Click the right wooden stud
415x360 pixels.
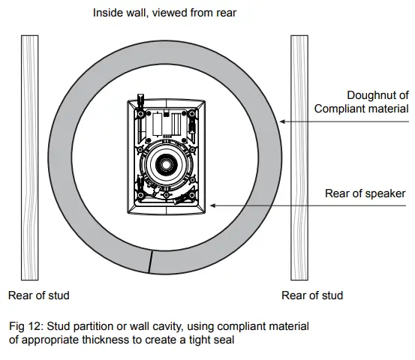click(299, 157)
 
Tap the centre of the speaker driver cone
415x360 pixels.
click(164, 163)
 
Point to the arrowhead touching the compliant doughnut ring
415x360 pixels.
click(279, 121)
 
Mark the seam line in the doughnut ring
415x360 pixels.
click(150, 262)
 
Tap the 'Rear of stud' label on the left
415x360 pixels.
click(38, 295)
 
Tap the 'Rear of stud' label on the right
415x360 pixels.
click(312, 295)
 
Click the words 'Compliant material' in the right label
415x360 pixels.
click(361, 109)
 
